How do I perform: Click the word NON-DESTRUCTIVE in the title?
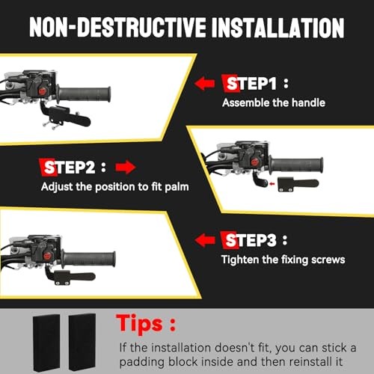pyautogui.click(x=118, y=28)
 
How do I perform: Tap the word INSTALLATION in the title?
pyautogui.click(x=278, y=28)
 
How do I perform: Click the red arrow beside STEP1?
pyautogui.click(x=204, y=83)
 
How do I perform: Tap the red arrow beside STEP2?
pyautogui.click(x=126, y=167)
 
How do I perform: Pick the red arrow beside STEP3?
pyautogui.click(x=205, y=240)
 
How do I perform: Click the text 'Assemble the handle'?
pyautogui.click(x=274, y=102)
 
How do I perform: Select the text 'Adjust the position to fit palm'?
pyautogui.click(x=114, y=186)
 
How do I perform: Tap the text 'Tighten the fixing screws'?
pyautogui.click(x=283, y=260)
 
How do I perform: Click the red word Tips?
pyautogui.click(x=139, y=324)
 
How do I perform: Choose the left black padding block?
pyautogui.click(x=46, y=343)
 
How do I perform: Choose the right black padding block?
pyautogui.click(x=82, y=342)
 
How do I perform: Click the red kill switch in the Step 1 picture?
pyautogui.click(x=43, y=91)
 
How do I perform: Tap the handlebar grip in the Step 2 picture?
pyautogui.click(x=296, y=165)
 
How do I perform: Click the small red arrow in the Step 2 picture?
pyautogui.click(x=272, y=184)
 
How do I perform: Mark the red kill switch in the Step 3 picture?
pyautogui.click(x=47, y=256)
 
